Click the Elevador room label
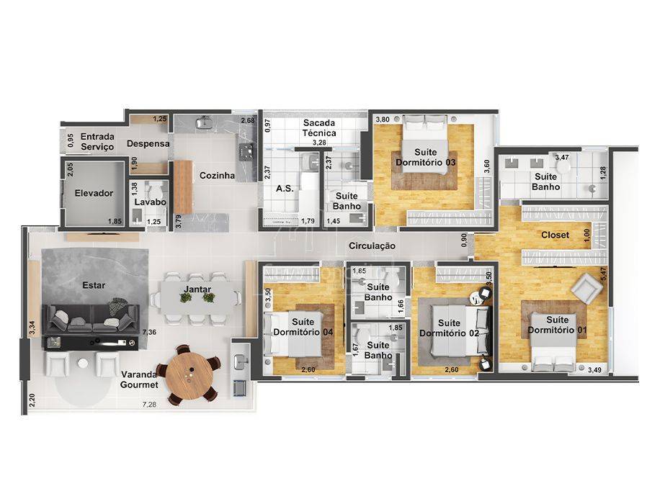(x=94, y=193)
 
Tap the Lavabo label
(x=150, y=202)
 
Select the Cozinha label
(x=217, y=175)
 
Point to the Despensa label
(x=148, y=143)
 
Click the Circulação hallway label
(x=372, y=246)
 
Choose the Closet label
(x=555, y=235)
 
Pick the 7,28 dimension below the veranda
(x=149, y=405)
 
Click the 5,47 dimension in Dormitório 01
(x=603, y=275)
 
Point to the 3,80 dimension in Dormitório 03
(x=383, y=120)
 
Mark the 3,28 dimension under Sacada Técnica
(x=319, y=143)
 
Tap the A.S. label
(x=285, y=189)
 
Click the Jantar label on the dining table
(x=197, y=289)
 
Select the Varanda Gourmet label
(x=139, y=379)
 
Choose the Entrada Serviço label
(x=97, y=141)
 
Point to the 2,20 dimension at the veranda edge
(x=32, y=401)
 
